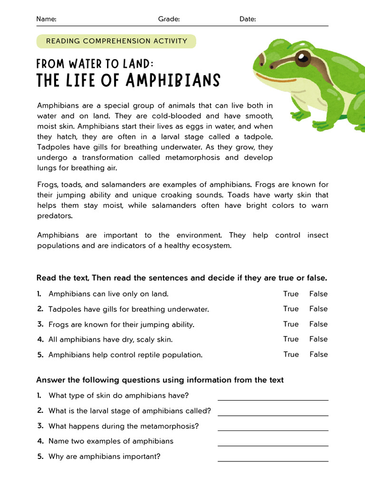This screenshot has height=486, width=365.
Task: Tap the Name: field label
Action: click(46, 19)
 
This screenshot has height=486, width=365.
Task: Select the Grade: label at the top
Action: click(169, 19)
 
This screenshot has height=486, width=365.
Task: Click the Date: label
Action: click(248, 19)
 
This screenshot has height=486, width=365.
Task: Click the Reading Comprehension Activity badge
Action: click(116, 41)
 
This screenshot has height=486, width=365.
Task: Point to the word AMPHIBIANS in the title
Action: click(173, 81)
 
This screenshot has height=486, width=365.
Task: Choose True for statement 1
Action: click(291, 294)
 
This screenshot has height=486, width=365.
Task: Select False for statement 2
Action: click(318, 309)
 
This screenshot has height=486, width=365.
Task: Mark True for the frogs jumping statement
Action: click(291, 324)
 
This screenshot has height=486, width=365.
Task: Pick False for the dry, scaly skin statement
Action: click(318, 339)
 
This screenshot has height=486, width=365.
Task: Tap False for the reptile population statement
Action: click(318, 354)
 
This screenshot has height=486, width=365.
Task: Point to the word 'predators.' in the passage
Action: click(55, 215)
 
